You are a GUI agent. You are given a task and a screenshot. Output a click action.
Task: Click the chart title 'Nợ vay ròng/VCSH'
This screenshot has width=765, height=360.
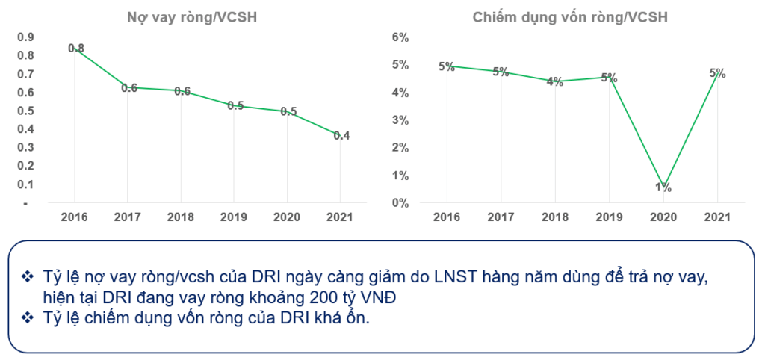click(191, 17)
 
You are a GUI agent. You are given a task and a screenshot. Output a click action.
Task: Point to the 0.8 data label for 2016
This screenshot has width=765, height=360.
click(76, 48)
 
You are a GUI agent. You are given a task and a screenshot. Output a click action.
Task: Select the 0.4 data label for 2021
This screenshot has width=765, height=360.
click(341, 135)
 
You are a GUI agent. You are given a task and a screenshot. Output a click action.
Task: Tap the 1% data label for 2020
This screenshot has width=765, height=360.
click(663, 187)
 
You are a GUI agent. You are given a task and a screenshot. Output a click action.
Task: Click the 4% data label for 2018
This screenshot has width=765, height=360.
click(554, 82)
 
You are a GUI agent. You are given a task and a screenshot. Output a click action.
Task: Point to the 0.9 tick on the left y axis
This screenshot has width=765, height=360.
click(25, 37)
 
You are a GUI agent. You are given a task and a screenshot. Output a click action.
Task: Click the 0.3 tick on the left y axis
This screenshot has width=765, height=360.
click(25, 148)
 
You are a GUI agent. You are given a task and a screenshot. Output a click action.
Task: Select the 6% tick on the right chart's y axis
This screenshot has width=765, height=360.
click(400, 37)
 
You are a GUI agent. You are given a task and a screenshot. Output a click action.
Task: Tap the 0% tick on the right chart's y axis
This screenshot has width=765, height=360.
click(400, 203)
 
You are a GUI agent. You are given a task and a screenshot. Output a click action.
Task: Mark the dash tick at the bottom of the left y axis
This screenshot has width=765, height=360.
click(25, 203)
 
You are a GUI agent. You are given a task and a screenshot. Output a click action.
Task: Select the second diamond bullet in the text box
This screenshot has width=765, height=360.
click(28, 317)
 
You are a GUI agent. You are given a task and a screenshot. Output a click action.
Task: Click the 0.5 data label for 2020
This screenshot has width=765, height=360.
click(288, 111)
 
